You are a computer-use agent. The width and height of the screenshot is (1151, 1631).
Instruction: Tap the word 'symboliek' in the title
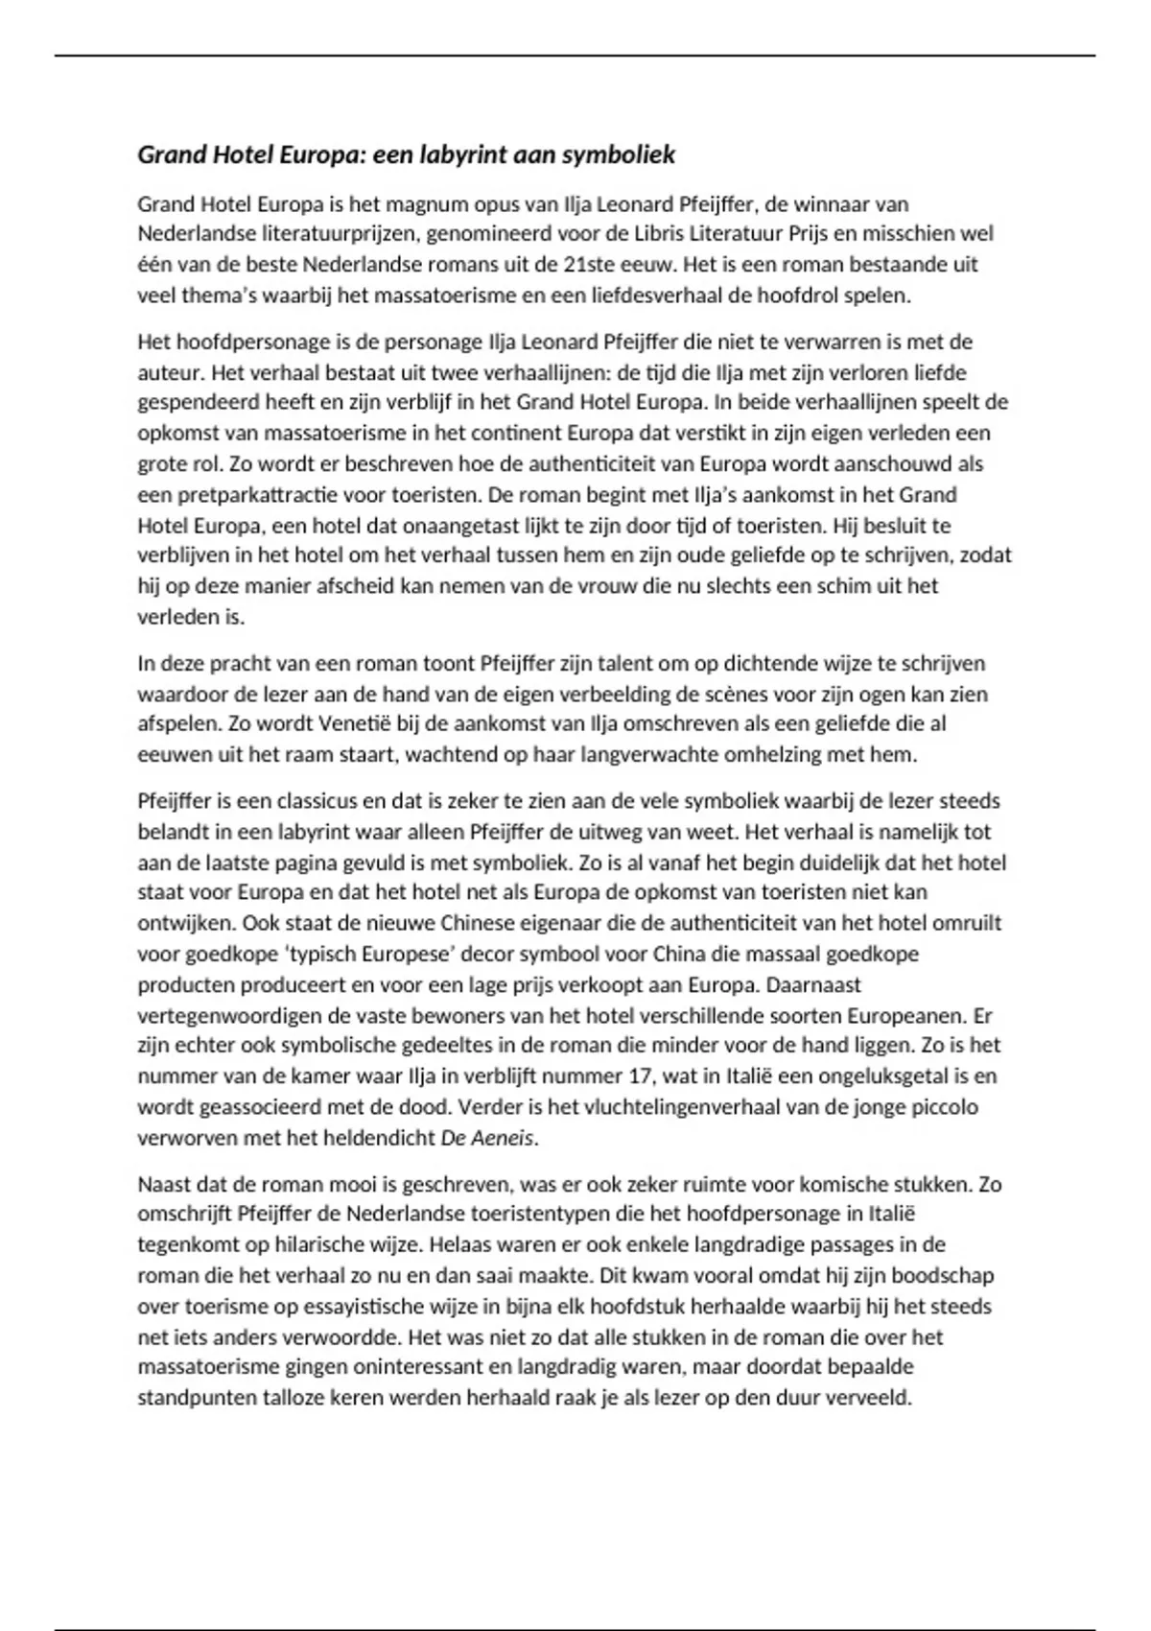[619, 154]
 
